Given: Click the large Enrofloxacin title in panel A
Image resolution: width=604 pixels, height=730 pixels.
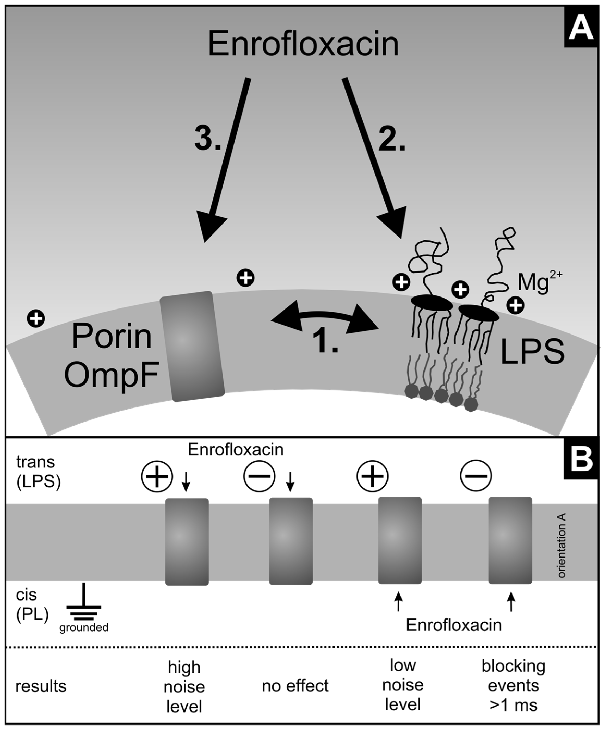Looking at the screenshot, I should pos(303,44).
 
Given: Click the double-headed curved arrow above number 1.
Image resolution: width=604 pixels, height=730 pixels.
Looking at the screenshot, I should pos(324,318).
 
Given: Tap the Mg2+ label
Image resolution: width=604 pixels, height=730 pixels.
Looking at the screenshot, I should pos(539,282).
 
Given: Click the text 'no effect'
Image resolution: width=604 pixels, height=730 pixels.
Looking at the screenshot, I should pos(295,686).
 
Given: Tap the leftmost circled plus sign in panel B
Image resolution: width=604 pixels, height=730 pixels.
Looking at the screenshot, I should pos(157,477).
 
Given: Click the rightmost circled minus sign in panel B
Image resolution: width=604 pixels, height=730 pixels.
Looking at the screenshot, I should pos(476,475).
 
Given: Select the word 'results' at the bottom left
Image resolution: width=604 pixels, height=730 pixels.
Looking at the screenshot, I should pos(41,686).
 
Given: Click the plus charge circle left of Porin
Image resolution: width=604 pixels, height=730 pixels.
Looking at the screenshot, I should pos(36,318).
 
